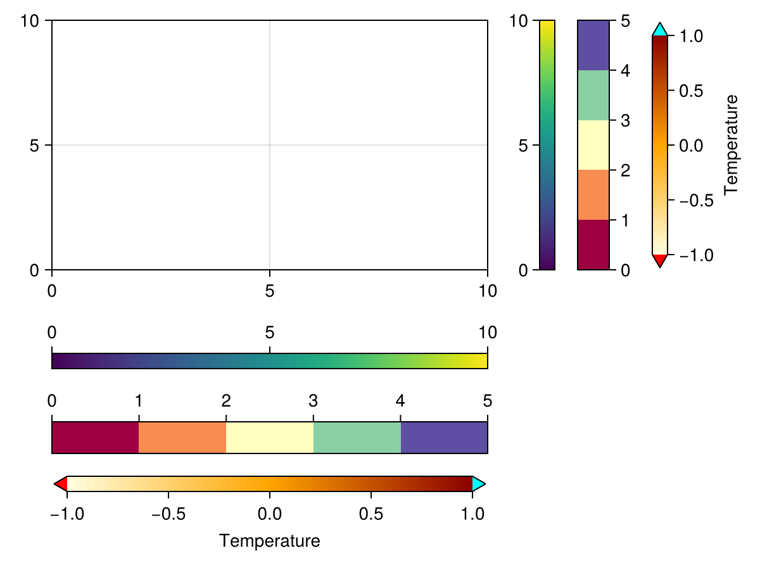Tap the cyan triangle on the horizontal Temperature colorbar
(478, 484)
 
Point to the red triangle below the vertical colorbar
(659, 260)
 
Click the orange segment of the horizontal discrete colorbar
(182, 438)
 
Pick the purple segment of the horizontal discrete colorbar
(444, 438)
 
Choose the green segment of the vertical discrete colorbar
(593, 95)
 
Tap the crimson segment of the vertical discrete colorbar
(593, 244)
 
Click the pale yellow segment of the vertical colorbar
(593, 145)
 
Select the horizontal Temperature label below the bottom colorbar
(269, 541)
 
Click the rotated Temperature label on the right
(731, 144)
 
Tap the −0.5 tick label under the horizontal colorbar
(168, 512)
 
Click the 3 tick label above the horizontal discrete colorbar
(313, 401)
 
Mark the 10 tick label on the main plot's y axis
(30, 21)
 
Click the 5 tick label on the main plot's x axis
(270, 291)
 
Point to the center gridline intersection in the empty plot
(270, 145)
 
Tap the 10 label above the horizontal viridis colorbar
(486, 332)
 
